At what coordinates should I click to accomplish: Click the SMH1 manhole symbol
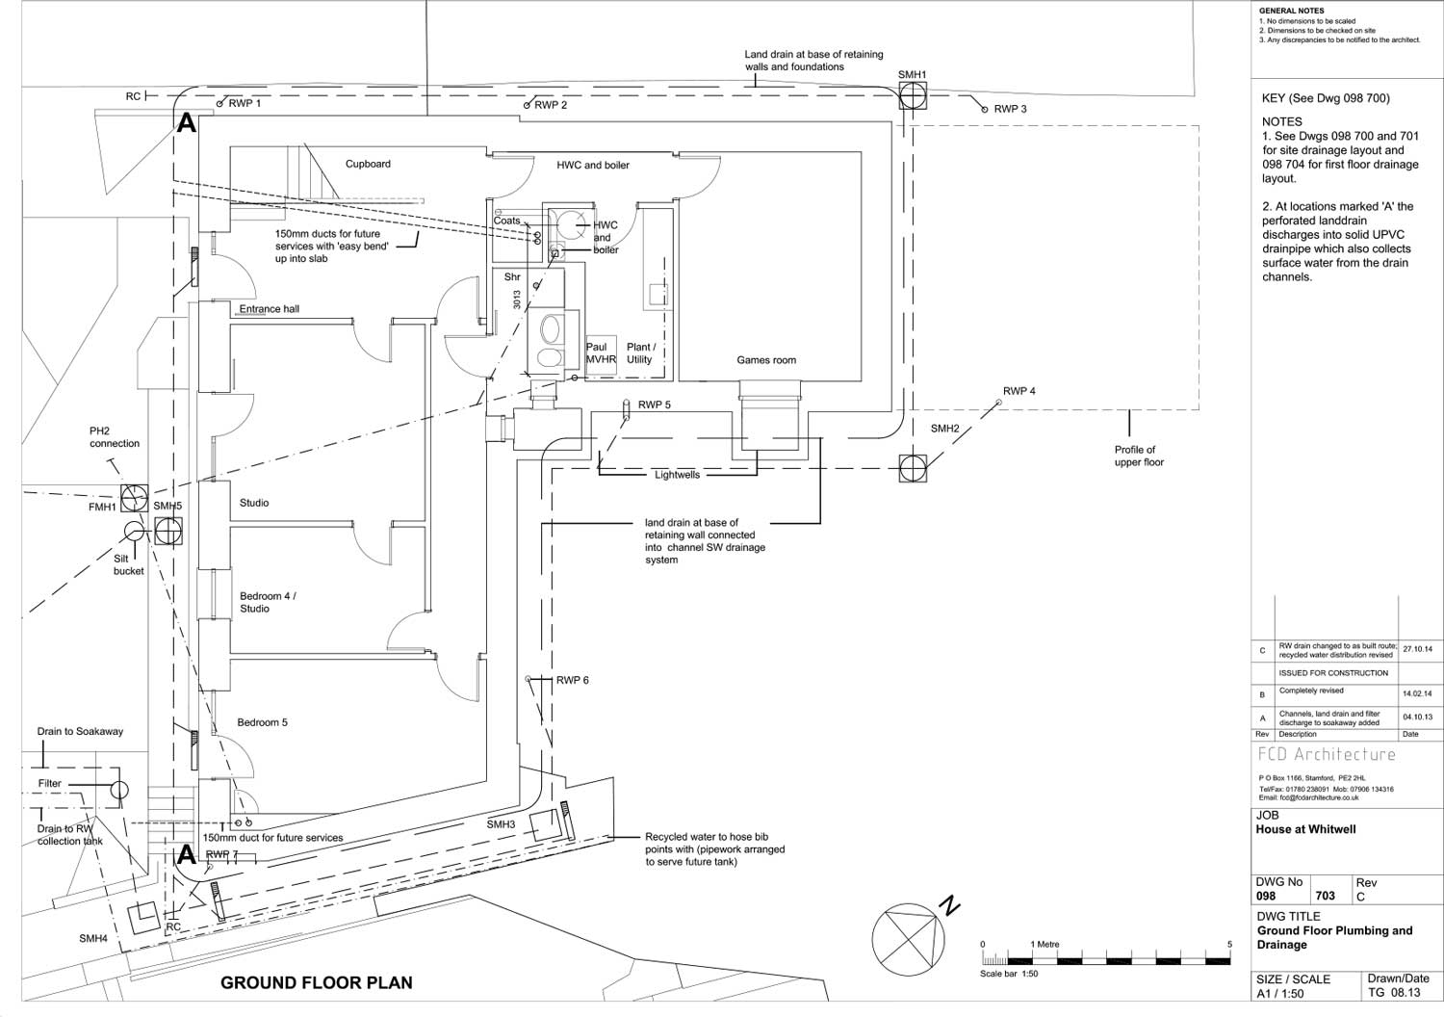pyautogui.click(x=913, y=95)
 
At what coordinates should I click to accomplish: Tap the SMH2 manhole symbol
pyautogui.click(x=913, y=469)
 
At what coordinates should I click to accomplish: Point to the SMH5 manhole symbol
pyautogui.click(x=168, y=531)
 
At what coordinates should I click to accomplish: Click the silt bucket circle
pyautogui.click(x=134, y=533)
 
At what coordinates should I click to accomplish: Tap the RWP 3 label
pyautogui.click(x=1010, y=109)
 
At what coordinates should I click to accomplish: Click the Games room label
pyautogui.click(x=766, y=360)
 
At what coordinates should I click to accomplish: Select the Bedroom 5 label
pyautogui.click(x=263, y=722)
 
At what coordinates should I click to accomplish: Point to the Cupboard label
pyautogui.click(x=368, y=164)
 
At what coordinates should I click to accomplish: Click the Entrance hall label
pyautogui.click(x=270, y=309)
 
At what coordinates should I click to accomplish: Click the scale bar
pyautogui.click(x=1105, y=960)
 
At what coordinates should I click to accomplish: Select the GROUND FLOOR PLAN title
pyautogui.click(x=317, y=983)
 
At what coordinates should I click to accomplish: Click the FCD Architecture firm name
pyautogui.click(x=1326, y=755)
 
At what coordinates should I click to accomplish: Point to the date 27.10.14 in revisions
pyautogui.click(x=1417, y=650)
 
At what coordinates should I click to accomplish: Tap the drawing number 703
pyautogui.click(x=1325, y=896)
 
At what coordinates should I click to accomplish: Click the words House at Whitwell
pyautogui.click(x=1305, y=829)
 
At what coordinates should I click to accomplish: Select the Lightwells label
pyautogui.click(x=677, y=475)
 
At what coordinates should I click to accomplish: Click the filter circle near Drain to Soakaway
pyautogui.click(x=118, y=791)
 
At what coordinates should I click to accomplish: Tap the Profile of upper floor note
pyautogui.click(x=1139, y=456)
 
